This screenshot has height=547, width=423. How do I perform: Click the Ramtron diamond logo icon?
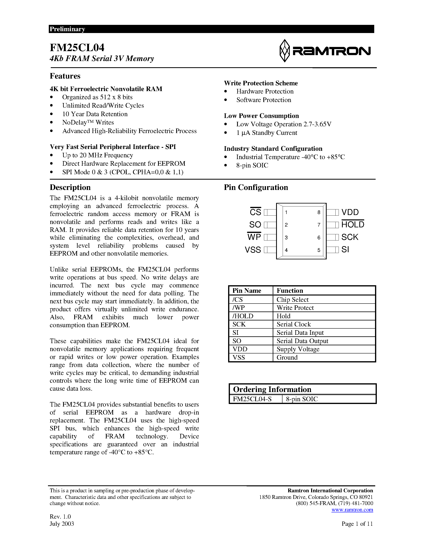[x=284, y=51]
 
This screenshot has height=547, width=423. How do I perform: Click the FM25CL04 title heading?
[x=77, y=48]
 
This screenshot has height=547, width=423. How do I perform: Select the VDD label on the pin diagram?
[x=350, y=212]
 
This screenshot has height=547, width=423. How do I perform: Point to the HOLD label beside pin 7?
[x=353, y=225]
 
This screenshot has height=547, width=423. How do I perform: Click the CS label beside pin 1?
[x=255, y=212]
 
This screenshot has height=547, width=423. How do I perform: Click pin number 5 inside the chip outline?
[x=319, y=250]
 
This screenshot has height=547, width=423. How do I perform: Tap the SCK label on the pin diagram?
[x=350, y=237]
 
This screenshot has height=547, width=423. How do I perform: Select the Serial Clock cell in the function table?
[x=293, y=324]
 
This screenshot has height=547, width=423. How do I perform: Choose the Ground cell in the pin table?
[x=287, y=357]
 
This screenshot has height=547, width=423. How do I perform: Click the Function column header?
[x=290, y=291]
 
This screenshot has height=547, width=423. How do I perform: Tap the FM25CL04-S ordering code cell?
[x=252, y=399]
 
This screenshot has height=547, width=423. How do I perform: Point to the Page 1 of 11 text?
[x=357, y=524]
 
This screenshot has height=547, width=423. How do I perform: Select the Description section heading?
[x=70, y=187]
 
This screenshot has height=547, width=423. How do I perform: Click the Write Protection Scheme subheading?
[x=261, y=83]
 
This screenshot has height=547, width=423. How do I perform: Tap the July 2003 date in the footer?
[x=62, y=524]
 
